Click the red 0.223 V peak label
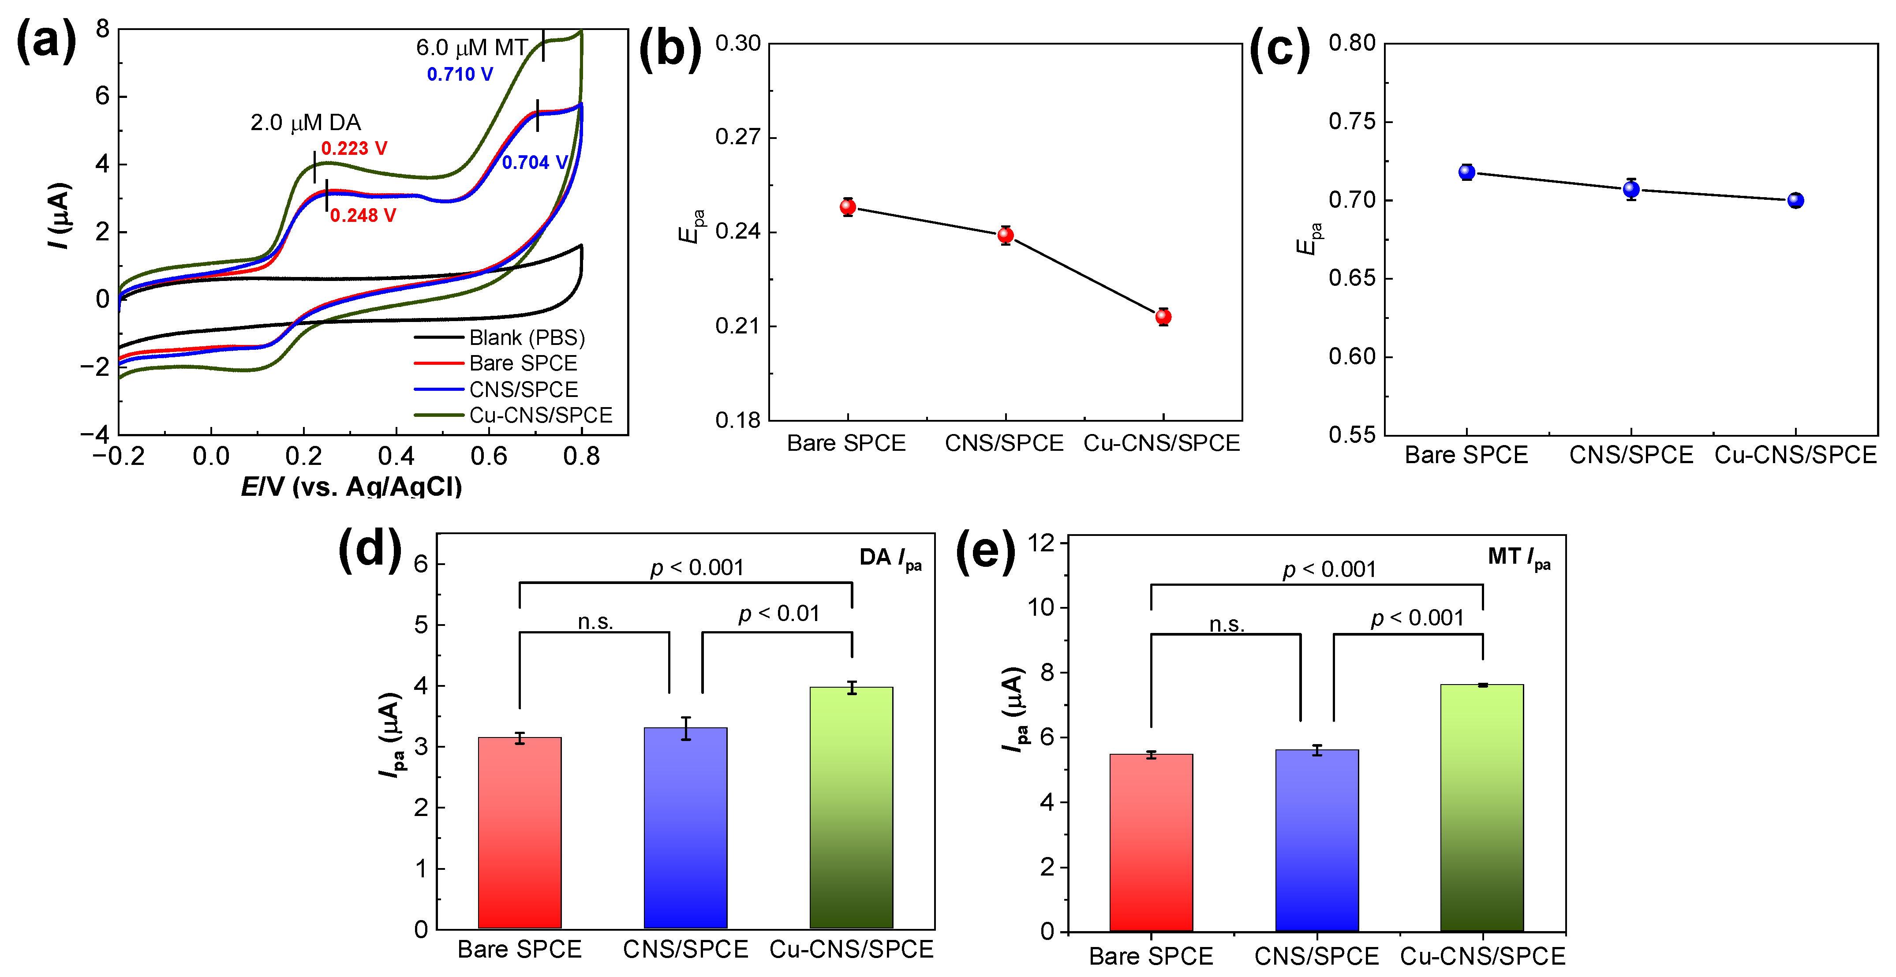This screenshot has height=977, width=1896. (354, 148)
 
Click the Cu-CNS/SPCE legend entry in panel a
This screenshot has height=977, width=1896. (540, 415)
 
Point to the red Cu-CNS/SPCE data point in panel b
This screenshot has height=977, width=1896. (1163, 317)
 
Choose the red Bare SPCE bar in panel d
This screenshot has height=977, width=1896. (520, 832)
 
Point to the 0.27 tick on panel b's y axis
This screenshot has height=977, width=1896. (737, 137)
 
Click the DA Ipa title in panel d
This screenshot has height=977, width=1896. (890, 558)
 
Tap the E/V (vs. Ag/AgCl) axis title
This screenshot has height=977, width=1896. (352, 486)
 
